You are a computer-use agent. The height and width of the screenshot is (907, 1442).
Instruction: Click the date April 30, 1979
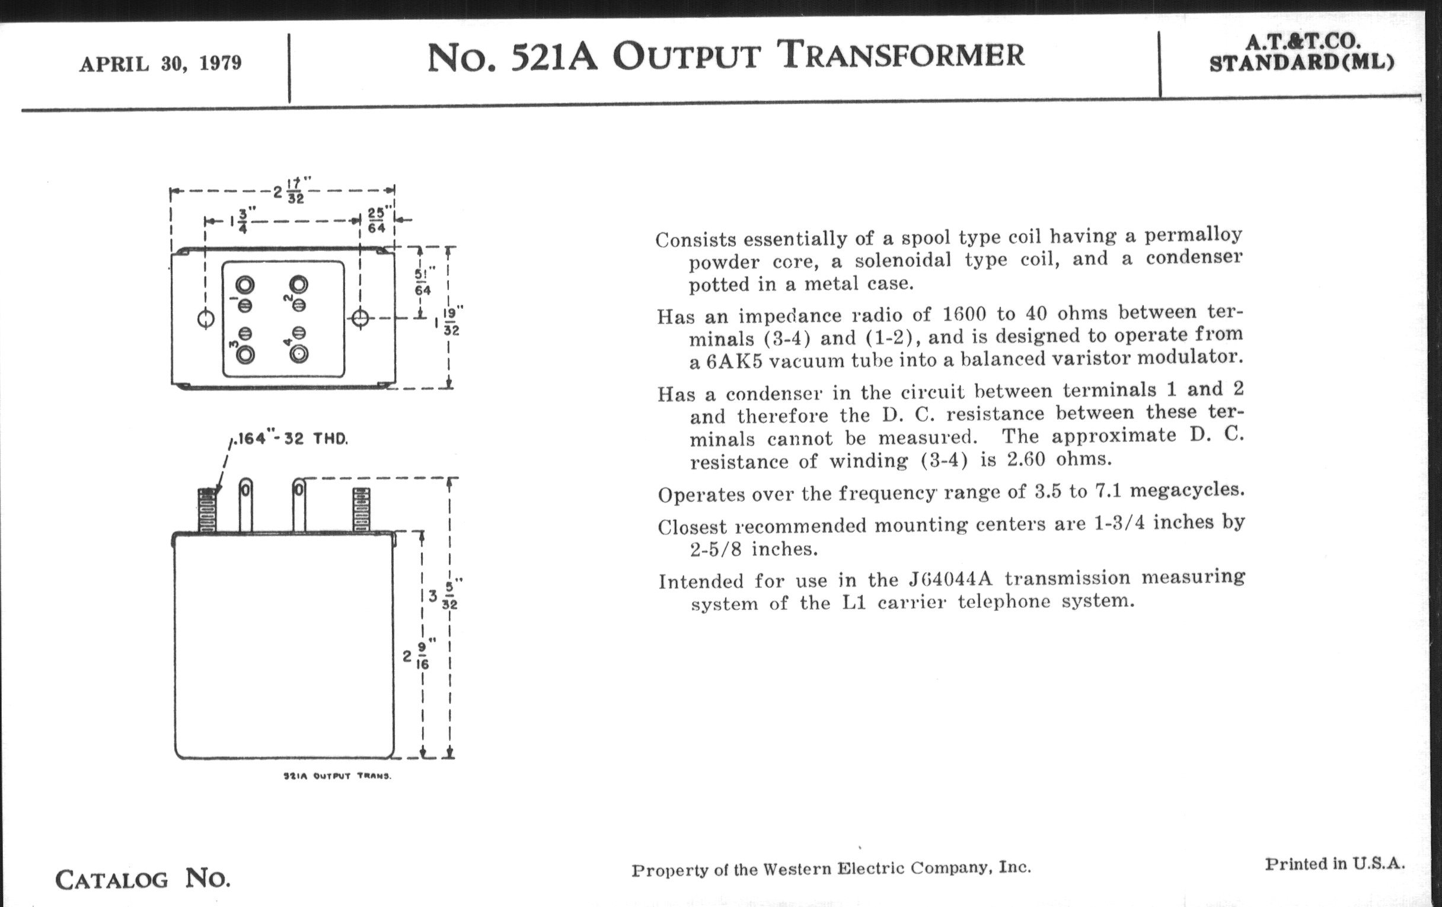160,63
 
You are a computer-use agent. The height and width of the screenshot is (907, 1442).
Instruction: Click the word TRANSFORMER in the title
901,55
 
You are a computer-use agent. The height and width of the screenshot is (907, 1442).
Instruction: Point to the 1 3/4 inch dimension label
239,220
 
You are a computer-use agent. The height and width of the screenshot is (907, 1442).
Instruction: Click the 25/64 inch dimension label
376,220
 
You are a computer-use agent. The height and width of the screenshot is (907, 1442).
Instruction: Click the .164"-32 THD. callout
291,439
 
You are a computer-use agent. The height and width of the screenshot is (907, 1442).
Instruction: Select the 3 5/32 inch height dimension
444,595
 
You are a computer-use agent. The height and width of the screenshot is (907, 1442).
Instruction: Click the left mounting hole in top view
205,319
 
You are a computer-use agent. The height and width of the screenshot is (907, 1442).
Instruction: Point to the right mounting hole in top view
360,318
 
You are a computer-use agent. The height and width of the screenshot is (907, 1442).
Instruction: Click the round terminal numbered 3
245,355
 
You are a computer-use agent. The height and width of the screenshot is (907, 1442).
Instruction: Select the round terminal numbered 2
299,284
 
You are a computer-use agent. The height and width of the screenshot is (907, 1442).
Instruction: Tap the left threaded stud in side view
206,509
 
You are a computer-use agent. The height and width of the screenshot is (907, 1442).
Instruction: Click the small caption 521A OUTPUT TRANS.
337,777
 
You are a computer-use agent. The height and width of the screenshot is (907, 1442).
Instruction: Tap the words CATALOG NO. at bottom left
142,879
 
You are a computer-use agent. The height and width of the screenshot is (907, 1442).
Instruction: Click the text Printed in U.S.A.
1335,864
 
